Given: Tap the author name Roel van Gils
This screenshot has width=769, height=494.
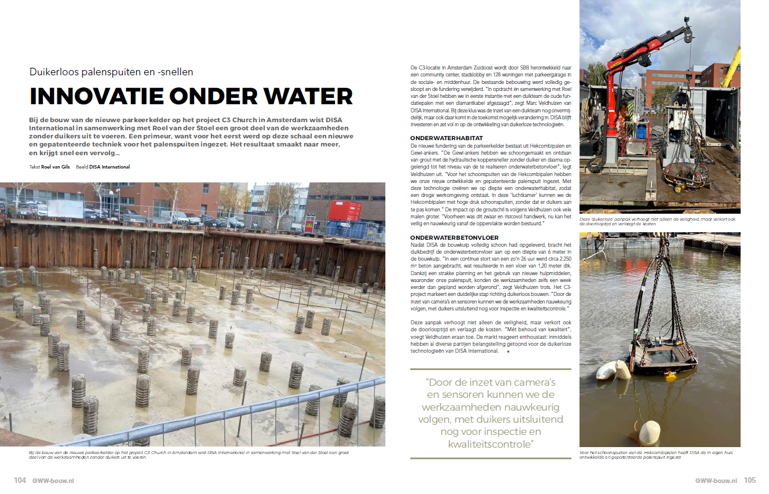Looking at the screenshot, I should point(56,167).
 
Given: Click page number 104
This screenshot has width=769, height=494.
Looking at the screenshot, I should point(20,480).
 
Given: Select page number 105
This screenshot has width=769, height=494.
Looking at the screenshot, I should point(749,480).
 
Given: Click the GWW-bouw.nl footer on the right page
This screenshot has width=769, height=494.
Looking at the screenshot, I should point(717,480).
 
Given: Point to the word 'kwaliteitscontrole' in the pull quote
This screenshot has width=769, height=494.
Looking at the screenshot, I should point(490,444).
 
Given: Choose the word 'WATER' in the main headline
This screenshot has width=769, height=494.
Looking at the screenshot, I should point(305,96).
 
